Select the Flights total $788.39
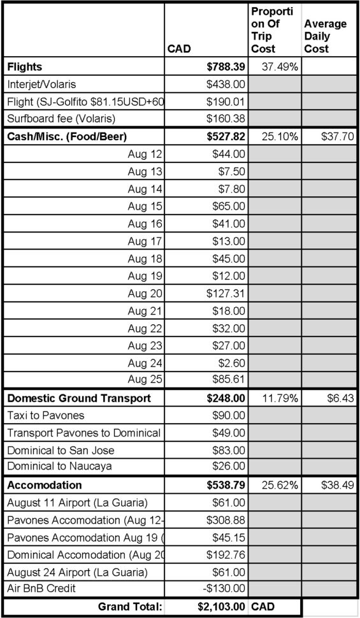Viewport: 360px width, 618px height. click(226, 66)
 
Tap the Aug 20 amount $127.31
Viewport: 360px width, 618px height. click(226, 294)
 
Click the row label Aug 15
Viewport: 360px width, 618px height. click(145, 206)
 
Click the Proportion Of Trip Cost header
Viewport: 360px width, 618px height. click(272, 30)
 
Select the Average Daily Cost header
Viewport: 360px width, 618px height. click(325, 36)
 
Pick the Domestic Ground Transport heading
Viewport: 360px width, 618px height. click(79, 398)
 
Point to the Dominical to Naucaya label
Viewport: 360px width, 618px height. click(60, 466)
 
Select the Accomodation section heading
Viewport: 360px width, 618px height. click(45, 485)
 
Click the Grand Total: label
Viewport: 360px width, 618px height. click(130, 608)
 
